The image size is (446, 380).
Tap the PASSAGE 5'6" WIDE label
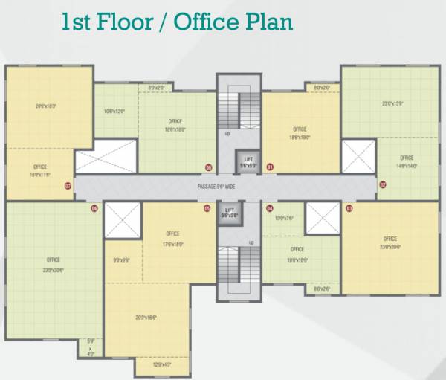pyautogui.click(x=223, y=186)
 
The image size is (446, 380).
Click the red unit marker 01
pyautogui.click(x=270, y=167)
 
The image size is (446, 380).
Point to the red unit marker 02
pyautogui.click(x=383, y=184)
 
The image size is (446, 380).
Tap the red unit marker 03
pyautogui.click(x=349, y=209)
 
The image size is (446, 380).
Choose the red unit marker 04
pyautogui.click(x=270, y=209)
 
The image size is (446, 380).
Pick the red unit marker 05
pyautogui.click(x=207, y=209)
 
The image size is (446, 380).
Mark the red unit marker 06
pyautogui.click(x=94, y=209)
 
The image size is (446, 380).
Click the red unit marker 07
pyautogui.click(x=68, y=186)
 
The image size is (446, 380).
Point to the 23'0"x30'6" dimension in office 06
pyautogui.click(x=54, y=271)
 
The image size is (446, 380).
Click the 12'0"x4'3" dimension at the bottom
pyautogui.click(x=161, y=364)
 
